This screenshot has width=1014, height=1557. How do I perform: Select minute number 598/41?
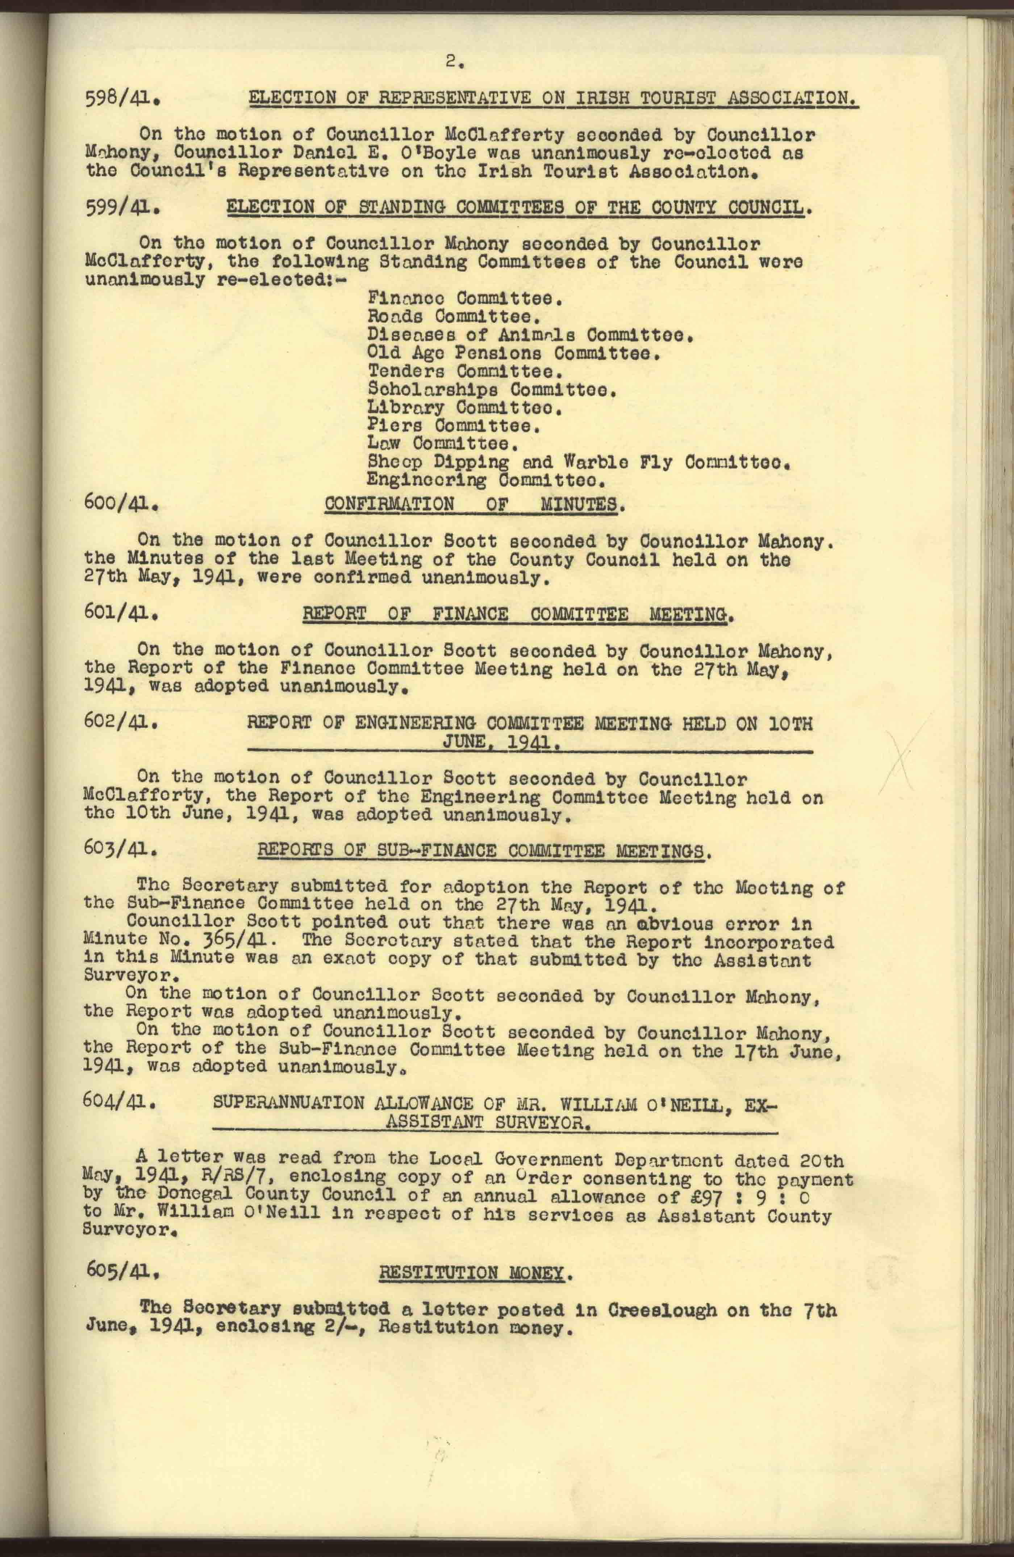[122, 100]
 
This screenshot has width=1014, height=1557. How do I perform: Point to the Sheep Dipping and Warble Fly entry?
[579, 463]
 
